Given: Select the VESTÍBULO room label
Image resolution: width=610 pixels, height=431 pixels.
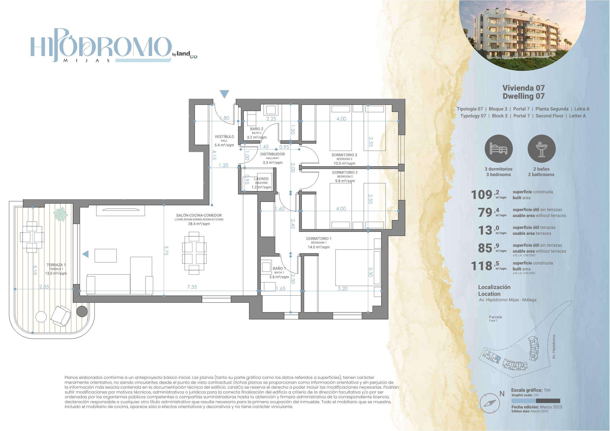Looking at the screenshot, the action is tap(224, 137).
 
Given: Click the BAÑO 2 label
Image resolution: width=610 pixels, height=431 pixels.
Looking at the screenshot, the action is tap(257, 129).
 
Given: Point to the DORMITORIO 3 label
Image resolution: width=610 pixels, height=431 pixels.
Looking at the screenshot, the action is tap(344, 155).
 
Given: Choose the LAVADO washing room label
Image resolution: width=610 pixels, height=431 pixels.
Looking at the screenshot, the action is tap(261, 179).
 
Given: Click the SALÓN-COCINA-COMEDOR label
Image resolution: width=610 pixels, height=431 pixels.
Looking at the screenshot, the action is tap(199, 215).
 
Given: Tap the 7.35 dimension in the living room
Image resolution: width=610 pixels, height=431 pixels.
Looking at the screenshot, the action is tap(192, 287).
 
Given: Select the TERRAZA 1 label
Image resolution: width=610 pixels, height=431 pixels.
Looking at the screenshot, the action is tap(56, 265).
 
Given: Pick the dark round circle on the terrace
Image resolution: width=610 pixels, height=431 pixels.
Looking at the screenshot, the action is tap(82, 311).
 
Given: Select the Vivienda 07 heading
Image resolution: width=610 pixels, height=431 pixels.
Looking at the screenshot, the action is tap(523, 88).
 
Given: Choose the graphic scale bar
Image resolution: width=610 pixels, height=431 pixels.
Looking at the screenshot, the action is tap(536, 401).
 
